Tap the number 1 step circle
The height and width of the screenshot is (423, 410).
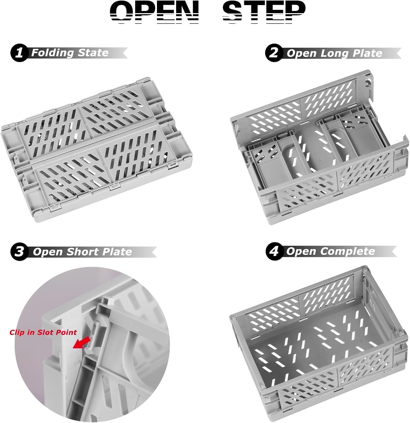[19, 53]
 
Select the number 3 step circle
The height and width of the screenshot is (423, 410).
[19, 251]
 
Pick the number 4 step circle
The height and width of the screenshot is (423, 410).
[274, 251]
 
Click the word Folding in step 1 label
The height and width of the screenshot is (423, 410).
[53, 53]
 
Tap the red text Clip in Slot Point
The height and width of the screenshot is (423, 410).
[43, 332]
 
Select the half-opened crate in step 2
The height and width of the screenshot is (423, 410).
[319, 147]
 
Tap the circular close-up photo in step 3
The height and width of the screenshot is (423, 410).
[92, 344]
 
